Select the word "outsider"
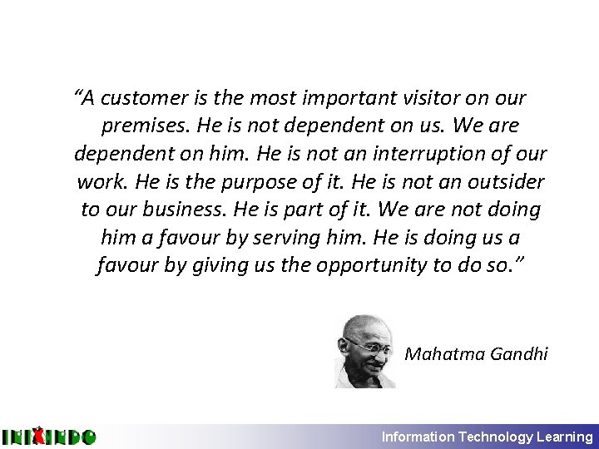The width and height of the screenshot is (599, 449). [x=506, y=182]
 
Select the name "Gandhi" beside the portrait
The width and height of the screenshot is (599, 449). [x=519, y=354]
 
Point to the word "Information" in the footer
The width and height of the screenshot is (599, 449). [x=418, y=437]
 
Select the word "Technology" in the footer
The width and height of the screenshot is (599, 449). [x=496, y=437]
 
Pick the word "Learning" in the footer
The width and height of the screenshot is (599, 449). [x=565, y=437]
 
